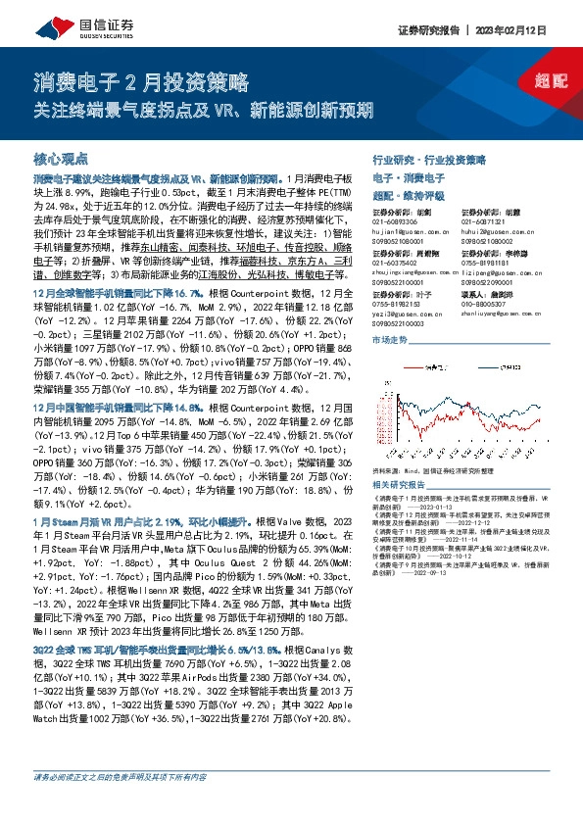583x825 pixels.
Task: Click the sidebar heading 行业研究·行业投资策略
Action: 429,159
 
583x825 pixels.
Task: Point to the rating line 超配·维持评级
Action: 413,194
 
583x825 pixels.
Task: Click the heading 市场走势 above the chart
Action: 391,339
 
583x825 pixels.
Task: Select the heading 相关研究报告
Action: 400,485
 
